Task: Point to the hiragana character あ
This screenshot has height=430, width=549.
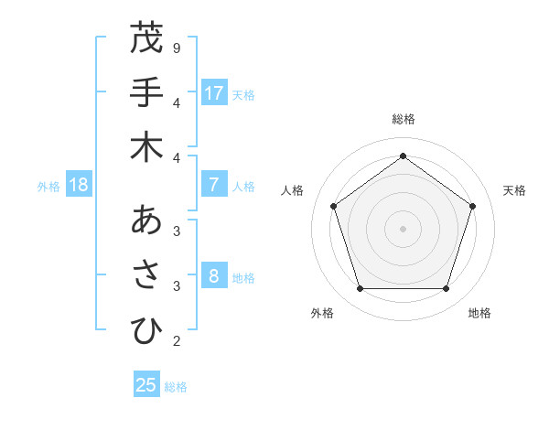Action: coord(146,220)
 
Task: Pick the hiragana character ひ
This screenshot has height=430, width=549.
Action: coord(146,330)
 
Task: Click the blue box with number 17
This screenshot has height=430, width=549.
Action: coord(214,93)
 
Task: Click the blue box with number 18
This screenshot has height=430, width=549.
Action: coord(79,186)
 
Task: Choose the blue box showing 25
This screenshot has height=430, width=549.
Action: coord(146,385)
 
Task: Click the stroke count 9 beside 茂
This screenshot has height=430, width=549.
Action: coord(176,48)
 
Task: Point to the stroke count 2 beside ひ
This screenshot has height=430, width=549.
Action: coord(176,341)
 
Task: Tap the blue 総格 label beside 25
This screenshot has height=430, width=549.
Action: coord(176,387)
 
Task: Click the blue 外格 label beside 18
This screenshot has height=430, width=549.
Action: coord(48,187)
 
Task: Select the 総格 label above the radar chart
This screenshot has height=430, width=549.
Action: coord(403,119)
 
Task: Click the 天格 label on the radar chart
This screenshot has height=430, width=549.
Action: coord(514,190)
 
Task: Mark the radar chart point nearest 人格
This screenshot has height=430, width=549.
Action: coord(333,206)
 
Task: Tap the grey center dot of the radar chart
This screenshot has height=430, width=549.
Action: coord(403,228)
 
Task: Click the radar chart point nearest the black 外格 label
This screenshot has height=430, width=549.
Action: coord(360,288)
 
